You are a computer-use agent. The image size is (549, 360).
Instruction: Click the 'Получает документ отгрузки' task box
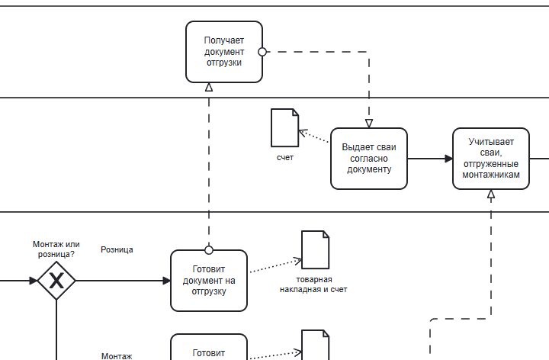[x=224, y=52]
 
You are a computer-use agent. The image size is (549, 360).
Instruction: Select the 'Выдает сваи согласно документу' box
[x=369, y=159]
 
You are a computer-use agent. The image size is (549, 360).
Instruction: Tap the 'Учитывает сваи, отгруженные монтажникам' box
[x=491, y=159]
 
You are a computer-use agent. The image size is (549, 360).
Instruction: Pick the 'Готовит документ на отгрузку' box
[x=209, y=281]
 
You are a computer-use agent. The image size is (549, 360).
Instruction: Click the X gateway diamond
[x=56, y=281]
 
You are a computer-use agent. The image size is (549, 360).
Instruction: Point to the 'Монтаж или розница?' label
[x=56, y=249]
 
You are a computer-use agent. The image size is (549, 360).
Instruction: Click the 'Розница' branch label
[x=117, y=249]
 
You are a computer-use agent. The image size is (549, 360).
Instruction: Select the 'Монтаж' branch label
[x=117, y=356]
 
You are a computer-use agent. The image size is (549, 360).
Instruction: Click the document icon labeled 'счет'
[x=285, y=128]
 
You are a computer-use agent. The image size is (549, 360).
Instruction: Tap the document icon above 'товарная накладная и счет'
[x=316, y=249]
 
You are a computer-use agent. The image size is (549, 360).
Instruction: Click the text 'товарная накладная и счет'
[x=313, y=284]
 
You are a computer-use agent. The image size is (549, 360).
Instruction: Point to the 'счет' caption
[x=285, y=158]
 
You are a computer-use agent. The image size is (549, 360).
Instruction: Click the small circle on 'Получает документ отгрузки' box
[x=262, y=52]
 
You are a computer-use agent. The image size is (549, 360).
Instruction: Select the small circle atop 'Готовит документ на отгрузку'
[x=209, y=250]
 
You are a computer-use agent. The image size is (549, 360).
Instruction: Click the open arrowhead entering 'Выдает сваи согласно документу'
[x=369, y=124]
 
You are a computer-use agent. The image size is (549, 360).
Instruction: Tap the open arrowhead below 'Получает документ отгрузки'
[x=209, y=87]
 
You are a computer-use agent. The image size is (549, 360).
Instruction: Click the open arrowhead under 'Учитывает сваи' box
[x=491, y=194]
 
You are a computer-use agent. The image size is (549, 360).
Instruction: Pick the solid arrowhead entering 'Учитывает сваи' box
[x=448, y=159]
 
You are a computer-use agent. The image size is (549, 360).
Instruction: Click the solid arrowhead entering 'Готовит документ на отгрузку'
[x=167, y=281]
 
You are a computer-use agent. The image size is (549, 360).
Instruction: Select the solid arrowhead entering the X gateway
[x=34, y=281]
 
